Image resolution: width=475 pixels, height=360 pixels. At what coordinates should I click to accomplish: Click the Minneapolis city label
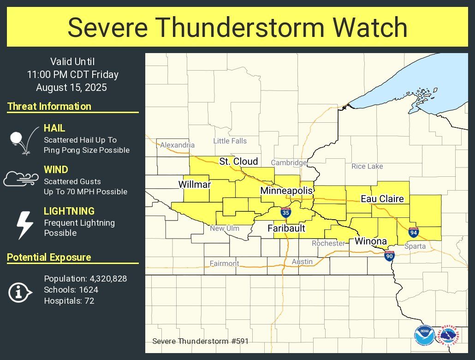point(286,191)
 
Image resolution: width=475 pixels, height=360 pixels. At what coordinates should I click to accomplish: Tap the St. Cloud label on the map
point(238,162)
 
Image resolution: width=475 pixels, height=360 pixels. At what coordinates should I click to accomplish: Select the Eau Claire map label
point(382,199)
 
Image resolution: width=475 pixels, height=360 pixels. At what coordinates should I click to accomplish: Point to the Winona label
point(370,241)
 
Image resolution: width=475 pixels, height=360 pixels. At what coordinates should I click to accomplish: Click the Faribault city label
point(286,228)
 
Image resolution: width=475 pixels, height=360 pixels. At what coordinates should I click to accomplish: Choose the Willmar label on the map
point(195,185)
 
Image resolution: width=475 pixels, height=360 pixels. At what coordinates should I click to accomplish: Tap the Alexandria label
point(178,145)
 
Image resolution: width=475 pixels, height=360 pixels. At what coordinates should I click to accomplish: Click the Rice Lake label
point(367,166)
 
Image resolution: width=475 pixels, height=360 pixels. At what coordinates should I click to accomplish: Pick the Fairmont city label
point(225,264)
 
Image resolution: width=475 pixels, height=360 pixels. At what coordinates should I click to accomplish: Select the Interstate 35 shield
point(286,213)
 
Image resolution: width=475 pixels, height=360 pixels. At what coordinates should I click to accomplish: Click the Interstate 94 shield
point(414,232)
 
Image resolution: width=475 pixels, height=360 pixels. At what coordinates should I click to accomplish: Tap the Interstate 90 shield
point(390,255)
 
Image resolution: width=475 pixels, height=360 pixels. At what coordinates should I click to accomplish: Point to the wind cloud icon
point(21,178)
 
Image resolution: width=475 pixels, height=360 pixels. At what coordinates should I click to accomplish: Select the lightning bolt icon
point(24,225)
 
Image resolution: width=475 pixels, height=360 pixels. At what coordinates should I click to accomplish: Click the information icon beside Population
point(20,293)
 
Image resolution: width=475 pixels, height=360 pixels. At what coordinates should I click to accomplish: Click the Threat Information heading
point(49,106)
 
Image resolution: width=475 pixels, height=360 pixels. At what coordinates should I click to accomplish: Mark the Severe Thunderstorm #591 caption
point(196,342)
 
